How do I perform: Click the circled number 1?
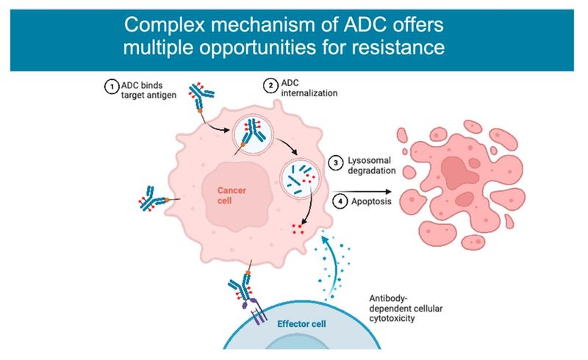(x=110, y=87)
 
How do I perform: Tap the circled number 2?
(x=270, y=87)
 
